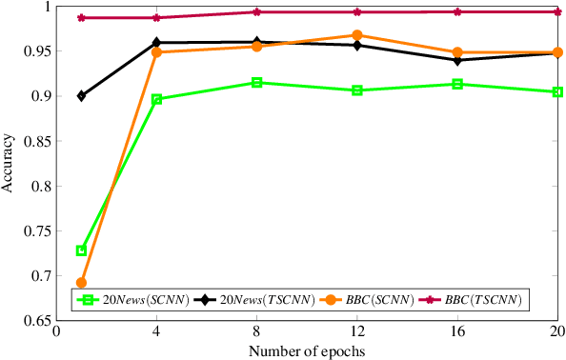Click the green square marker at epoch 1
(81, 250)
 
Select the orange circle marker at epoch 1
(81, 283)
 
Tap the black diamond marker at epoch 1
(81, 96)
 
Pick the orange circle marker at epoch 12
(356, 35)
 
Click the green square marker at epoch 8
(256, 83)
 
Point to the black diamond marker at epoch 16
(457, 60)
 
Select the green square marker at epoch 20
(557, 92)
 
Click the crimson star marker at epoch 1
(81, 18)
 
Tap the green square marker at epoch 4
(156, 99)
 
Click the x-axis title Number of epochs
(307, 351)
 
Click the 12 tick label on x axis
(356, 333)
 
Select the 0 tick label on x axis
(56, 333)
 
